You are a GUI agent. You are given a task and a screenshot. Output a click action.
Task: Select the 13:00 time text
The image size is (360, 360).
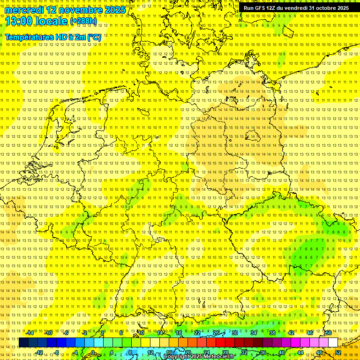pos(19,21)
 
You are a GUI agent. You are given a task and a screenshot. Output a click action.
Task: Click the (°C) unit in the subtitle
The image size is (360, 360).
pos(94,37)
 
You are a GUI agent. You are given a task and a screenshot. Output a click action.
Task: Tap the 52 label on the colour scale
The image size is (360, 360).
pos(338,352)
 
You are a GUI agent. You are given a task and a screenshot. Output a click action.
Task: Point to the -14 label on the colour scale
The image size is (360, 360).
pos(30,333)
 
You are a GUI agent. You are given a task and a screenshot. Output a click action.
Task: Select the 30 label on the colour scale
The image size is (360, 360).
pos(235,333)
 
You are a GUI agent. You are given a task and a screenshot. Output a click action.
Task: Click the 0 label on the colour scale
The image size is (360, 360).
pos(93,352)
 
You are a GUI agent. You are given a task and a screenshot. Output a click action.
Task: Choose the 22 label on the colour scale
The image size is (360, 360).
pos(197,333)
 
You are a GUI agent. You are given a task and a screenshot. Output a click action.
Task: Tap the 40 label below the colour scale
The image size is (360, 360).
pos(282,352)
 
